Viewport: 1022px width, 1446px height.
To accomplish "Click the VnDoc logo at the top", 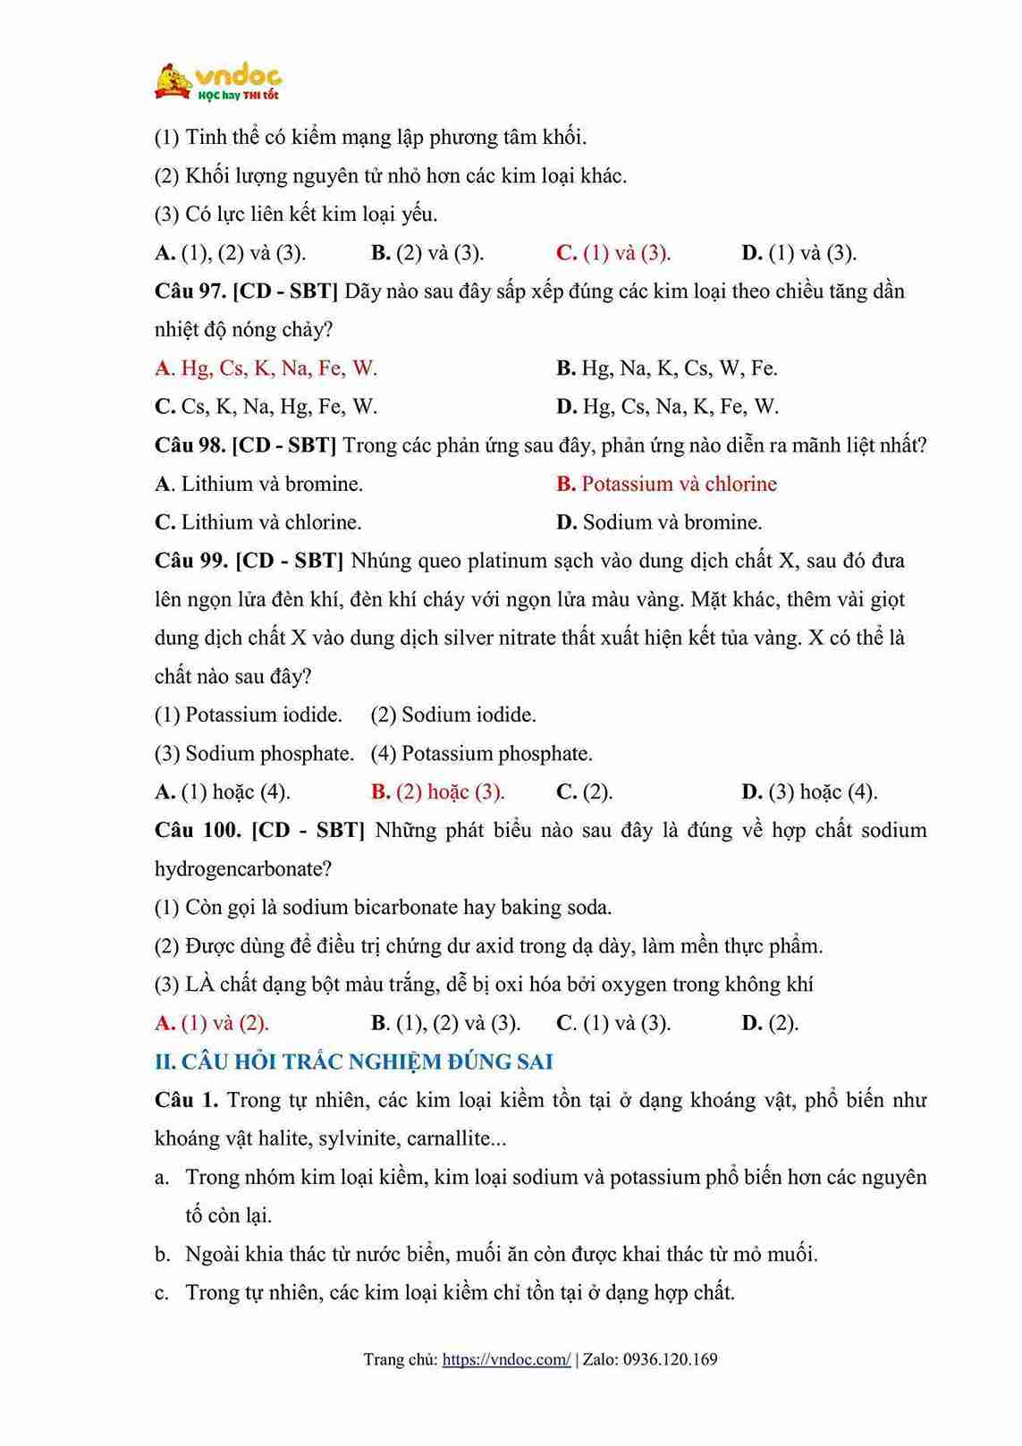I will tap(217, 81).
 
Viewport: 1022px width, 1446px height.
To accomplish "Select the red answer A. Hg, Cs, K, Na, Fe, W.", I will tap(266, 368).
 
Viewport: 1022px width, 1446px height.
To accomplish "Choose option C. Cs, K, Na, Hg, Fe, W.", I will tap(266, 407).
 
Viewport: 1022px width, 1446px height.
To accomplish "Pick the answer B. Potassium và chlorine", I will tap(666, 484).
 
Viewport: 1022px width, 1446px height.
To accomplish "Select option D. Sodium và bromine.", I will tap(659, 522).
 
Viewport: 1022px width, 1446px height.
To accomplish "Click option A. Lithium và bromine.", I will tap(258, 484).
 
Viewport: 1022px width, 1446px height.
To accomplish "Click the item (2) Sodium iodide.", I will tap(453, 715).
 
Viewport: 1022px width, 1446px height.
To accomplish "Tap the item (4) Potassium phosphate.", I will tap(481, 753).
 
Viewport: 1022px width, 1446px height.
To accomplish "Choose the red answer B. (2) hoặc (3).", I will tap(437, 791).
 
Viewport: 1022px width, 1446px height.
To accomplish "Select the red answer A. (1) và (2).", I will tap(212, 1023).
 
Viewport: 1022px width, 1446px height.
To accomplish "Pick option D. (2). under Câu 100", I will tap(770, 1023).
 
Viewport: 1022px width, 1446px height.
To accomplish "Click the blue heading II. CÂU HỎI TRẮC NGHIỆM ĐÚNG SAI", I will tap(354, 1061).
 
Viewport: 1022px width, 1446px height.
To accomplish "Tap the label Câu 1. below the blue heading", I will tap(186, 1100).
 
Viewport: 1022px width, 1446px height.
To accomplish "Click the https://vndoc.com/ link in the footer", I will tap(506, 1359).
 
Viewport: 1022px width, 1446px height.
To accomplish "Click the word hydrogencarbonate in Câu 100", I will tap(238, 868).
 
